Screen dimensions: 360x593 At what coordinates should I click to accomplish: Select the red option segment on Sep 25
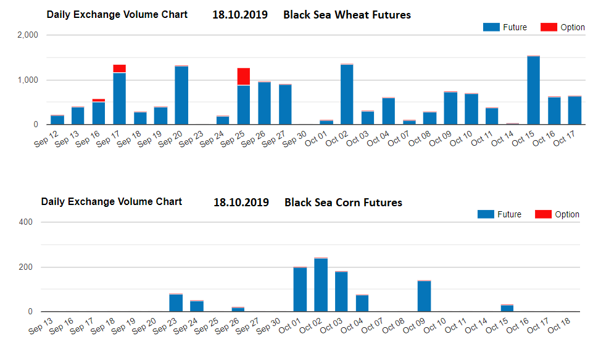click(244, 77)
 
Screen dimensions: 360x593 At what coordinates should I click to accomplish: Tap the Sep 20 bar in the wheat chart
click(181, 95)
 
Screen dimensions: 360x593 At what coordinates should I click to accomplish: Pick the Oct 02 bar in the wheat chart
click(347, 94)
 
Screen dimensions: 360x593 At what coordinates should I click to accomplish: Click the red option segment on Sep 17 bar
click(119, 69)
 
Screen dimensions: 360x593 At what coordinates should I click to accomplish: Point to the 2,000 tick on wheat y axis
click(27, 36)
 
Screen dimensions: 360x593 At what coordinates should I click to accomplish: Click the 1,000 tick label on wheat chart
click(27, 80)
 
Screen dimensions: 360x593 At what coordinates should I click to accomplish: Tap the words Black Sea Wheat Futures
click(347, 14)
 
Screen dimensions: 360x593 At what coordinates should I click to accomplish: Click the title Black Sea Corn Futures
click(343, 203)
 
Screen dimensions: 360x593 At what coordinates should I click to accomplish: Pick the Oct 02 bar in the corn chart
click(321, 285)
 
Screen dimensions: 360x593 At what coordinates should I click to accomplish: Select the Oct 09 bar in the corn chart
click(425, 296)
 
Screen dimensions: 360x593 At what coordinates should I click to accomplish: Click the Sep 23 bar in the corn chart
click(176, 303)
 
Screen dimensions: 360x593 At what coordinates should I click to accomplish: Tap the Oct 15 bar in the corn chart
click(507, 308)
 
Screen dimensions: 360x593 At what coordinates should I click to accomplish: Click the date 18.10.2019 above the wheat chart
click(239, 14)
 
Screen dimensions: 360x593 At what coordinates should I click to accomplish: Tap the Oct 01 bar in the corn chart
click(300, 290)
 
